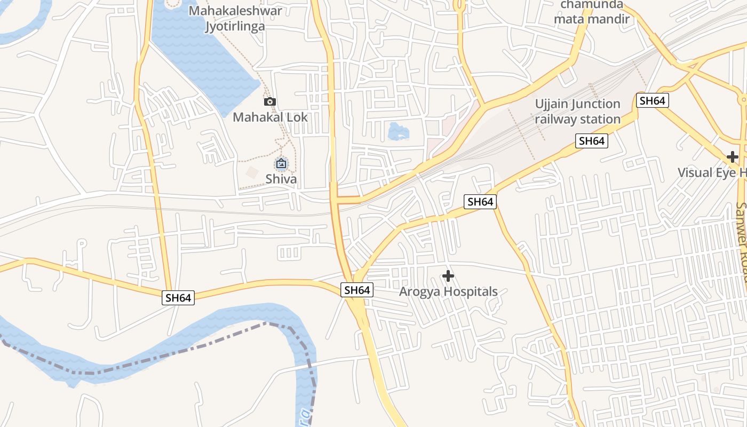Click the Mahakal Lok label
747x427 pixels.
270,117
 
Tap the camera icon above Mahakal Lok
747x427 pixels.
270,101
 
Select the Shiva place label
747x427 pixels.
281,179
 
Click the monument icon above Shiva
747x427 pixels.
281,163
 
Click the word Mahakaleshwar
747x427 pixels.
235,10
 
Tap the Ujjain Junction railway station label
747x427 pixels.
578,112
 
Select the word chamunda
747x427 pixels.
591,5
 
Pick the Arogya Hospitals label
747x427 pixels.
448,291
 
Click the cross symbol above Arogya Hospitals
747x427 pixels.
448,276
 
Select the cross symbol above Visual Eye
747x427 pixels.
733,157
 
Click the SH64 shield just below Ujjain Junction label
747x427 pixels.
592,141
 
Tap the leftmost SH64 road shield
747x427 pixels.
178,298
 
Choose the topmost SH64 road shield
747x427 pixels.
653,100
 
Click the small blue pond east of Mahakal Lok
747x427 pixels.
399,131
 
